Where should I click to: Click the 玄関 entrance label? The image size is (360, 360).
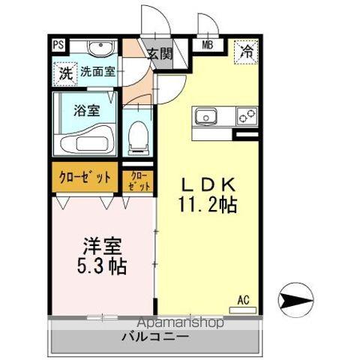159,54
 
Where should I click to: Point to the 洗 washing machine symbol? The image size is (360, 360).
65,73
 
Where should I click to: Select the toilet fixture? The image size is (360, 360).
138,137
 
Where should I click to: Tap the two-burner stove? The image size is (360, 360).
246,117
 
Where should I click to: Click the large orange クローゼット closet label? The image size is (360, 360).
85,177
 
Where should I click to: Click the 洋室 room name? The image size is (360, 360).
103,245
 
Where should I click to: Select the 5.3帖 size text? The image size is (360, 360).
103,265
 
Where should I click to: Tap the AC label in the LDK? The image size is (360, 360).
243,300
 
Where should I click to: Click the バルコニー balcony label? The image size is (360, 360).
155,337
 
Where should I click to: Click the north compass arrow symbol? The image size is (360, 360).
295,301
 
